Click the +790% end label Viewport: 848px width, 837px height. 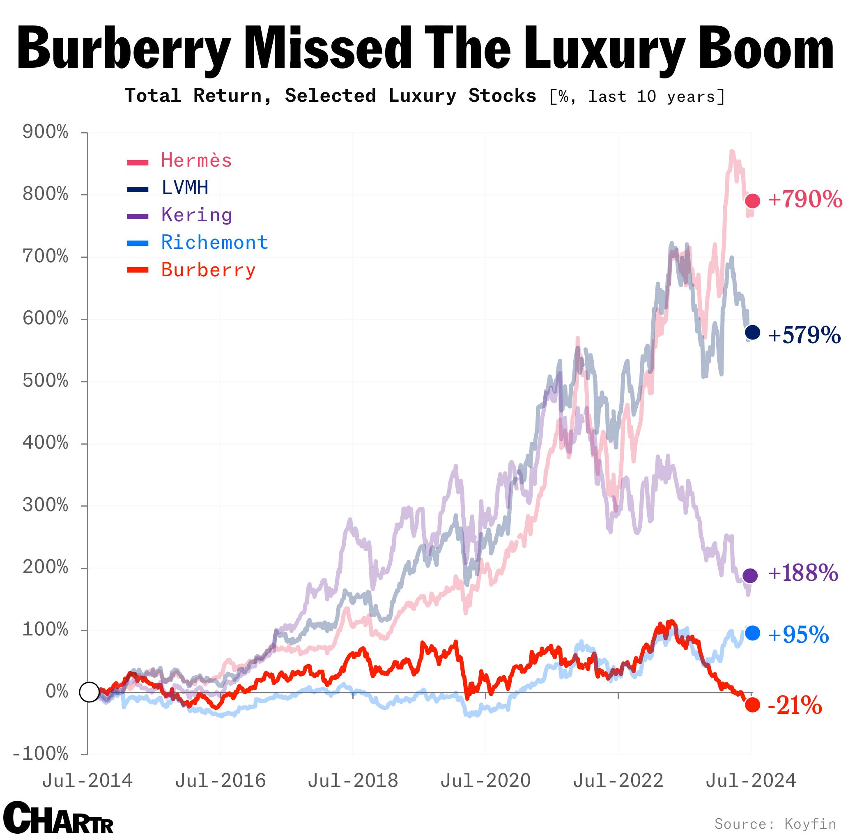coord(805,200)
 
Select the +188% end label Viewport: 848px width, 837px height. coord(803,573)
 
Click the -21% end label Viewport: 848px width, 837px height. coord(795,706)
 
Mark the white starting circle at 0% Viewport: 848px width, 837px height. coord(89,692)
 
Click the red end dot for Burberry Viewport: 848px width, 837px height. coord(752,705)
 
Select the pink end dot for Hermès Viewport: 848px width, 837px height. coord(753,201)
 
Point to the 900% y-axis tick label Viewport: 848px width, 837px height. coord(46,133)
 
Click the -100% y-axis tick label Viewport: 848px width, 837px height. coord(41,754)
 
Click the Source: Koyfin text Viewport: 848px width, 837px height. coord(775,823)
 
